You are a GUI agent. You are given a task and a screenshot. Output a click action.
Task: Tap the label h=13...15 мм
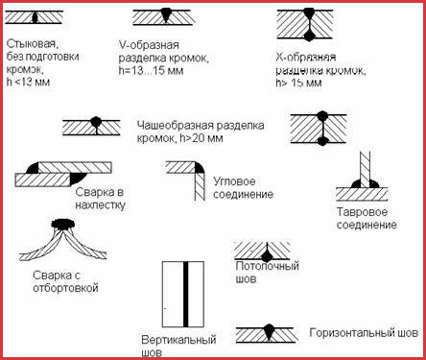coord(151,70)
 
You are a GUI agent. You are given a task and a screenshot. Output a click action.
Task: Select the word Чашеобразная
coord(176,125)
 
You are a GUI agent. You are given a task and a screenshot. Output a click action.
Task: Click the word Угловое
coord(234,181)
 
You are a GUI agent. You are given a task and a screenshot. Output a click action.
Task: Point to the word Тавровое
coord(362,212)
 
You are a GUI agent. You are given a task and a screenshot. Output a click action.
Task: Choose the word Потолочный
coord(267,266)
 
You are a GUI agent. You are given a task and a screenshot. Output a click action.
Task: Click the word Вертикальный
coord(178,340)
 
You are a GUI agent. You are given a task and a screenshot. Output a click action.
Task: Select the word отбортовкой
coord(65,288)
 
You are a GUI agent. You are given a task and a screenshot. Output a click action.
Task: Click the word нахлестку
coord(100,205)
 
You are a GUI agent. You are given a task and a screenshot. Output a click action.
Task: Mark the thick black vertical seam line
coord(185,294)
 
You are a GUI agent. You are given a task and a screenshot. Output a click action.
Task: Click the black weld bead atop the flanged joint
coord(63,223)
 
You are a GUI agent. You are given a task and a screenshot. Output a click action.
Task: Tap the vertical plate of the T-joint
coord(366,169)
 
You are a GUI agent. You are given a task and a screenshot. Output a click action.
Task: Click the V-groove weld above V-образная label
coord(165,15)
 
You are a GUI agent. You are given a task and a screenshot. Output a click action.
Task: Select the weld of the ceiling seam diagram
coord(266,255)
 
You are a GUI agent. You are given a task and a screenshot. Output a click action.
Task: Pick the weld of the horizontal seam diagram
coord(269,332)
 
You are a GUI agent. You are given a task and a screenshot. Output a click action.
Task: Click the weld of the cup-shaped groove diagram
coord(96,123)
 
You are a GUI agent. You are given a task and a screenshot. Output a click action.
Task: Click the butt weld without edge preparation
coord(35,17)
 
